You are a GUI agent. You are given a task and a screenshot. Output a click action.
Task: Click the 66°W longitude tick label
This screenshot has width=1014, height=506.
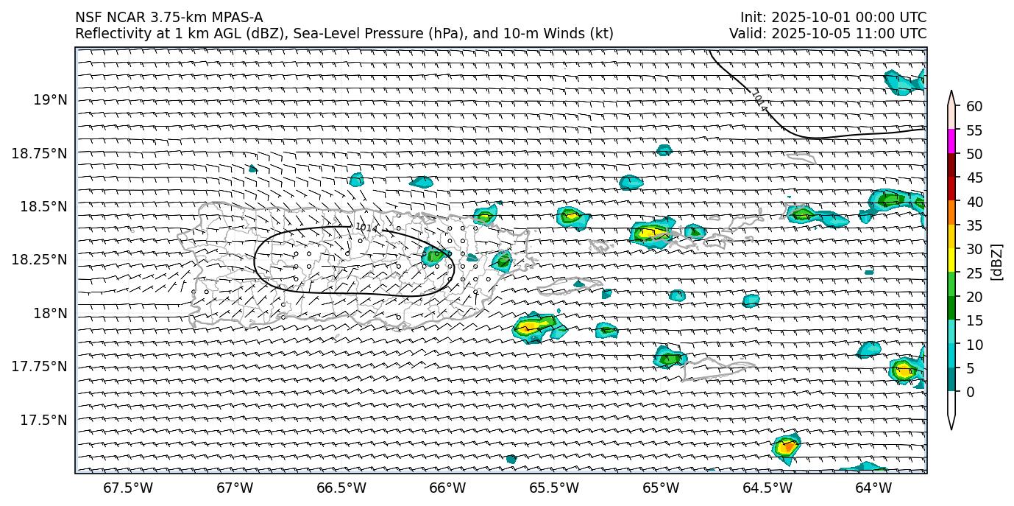tap(447, 488)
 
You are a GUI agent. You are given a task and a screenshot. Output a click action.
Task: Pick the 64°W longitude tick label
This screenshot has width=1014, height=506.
tap(873, 488)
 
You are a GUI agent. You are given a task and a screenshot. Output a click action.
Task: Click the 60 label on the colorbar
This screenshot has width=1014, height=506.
tap(974, 107)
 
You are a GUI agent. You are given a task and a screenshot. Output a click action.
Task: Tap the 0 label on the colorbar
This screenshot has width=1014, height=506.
tap(970, 392)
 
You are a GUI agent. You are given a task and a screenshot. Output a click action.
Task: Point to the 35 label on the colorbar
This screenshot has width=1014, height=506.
tap(974, 225)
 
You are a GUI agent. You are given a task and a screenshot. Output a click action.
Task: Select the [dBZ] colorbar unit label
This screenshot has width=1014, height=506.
tap(998, 261)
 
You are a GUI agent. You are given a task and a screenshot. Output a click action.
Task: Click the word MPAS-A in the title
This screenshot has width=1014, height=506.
tap(236, 18)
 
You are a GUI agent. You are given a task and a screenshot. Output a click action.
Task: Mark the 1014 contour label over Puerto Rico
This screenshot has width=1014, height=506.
tap(366, 228)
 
